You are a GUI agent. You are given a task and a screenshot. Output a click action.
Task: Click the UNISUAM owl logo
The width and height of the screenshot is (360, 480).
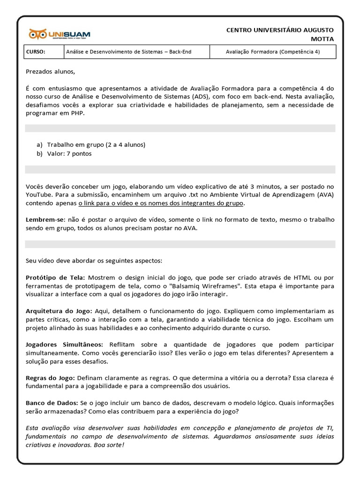(60, 34)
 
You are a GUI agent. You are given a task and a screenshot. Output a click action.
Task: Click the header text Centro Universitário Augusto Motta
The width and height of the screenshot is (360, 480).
(280, 34)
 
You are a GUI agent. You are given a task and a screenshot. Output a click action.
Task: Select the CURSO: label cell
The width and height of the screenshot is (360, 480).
(36, 52)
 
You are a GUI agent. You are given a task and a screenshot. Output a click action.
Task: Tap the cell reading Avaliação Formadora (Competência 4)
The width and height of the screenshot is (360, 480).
(272, 52)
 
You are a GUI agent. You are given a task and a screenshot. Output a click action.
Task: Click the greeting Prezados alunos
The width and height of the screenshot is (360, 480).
(50, 72)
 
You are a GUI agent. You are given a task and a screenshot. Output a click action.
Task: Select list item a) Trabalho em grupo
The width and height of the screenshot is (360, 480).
(96, 144)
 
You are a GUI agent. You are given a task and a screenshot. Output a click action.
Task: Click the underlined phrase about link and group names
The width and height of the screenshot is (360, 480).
(161, 203)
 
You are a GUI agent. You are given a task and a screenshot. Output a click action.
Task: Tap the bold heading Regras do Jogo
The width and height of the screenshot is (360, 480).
(50, 377)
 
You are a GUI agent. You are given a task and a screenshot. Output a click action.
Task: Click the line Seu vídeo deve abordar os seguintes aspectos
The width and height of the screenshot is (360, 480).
(94, 260)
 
